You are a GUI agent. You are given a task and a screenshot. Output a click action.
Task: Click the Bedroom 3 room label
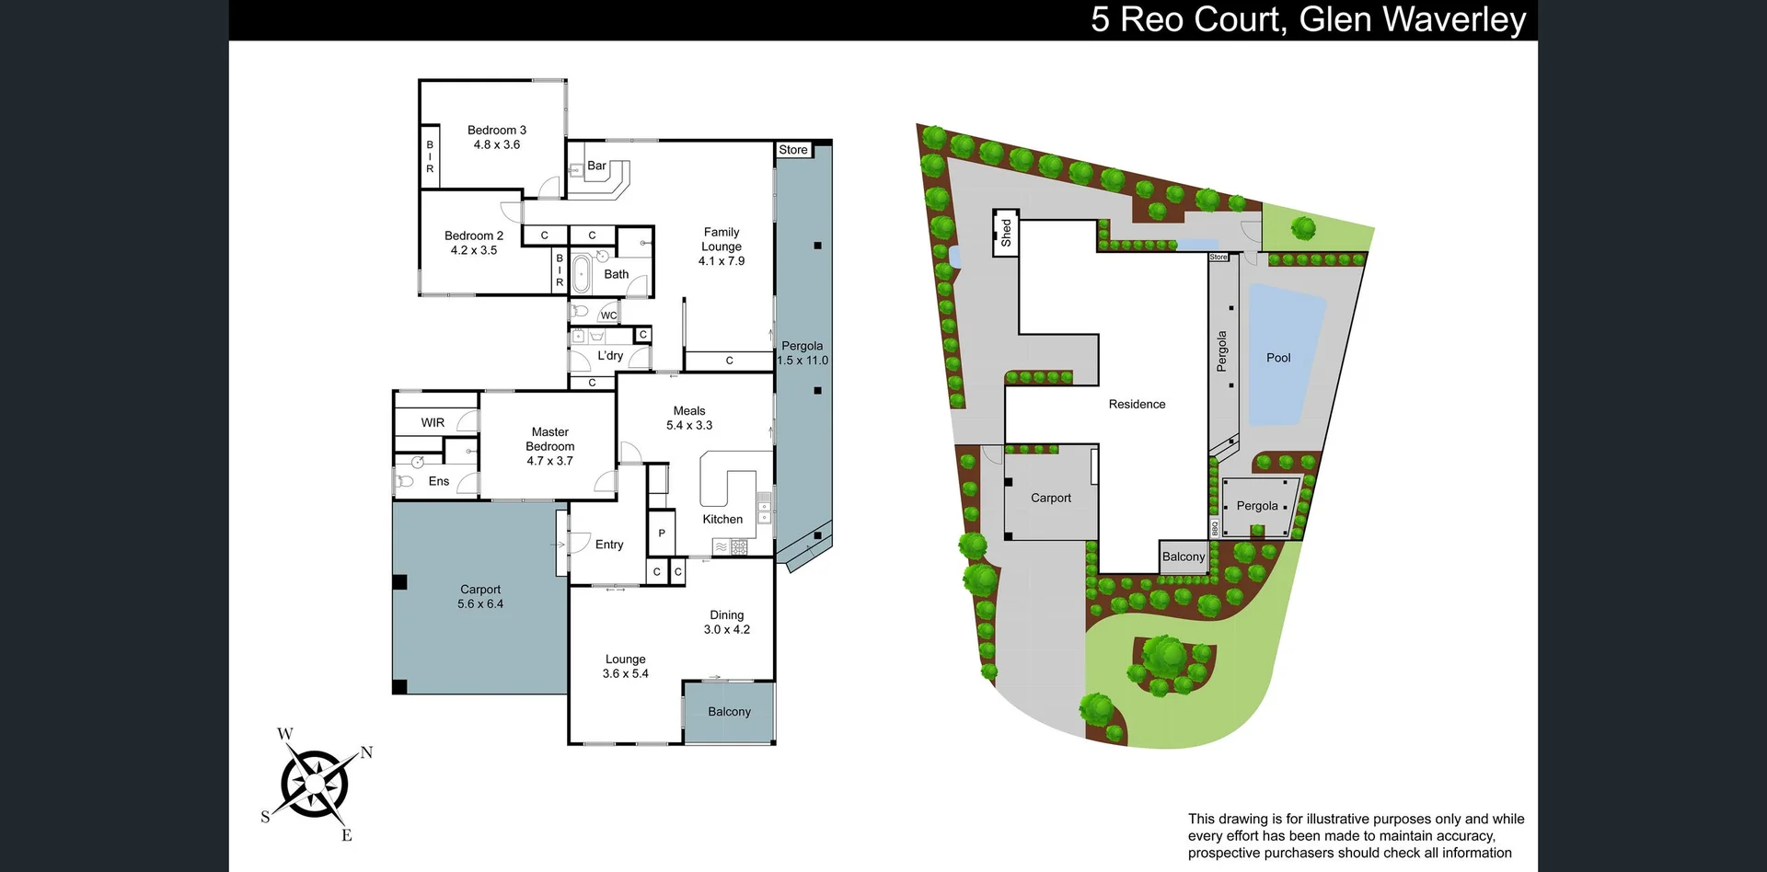(496, 131)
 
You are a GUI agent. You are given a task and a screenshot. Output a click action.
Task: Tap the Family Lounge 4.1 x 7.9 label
(722, 247)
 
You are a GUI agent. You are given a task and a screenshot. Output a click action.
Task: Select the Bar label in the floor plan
(596, 166)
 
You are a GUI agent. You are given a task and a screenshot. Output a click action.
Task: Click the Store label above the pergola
(792, 150)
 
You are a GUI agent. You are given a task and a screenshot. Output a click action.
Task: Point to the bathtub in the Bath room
(581, 273)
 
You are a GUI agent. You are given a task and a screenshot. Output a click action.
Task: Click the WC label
(608, 316)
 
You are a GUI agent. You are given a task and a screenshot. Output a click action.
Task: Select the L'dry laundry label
(610, 355)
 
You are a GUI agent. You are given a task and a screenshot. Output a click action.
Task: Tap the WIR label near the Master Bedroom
(433, 422)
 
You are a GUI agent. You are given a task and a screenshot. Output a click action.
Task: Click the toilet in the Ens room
(404, 481)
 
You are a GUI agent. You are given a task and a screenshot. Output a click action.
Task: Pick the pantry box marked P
(661, 534)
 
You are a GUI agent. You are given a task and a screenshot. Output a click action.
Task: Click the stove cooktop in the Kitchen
(738, 547)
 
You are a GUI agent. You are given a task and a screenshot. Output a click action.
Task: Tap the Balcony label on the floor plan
(729, 712)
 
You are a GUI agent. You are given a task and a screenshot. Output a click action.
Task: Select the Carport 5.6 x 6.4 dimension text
(480, 604)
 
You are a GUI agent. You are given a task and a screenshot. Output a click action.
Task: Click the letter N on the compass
(366, 752)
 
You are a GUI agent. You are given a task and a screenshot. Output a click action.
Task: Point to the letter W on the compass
(285, 734)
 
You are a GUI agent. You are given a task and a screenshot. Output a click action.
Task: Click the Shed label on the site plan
(1006, 232)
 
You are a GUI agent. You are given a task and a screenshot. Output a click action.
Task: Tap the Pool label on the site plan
(1278, 358)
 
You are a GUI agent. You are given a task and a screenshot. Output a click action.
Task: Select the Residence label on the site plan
(1137, 404)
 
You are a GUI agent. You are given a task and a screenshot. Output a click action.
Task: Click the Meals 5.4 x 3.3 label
(689, 419)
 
